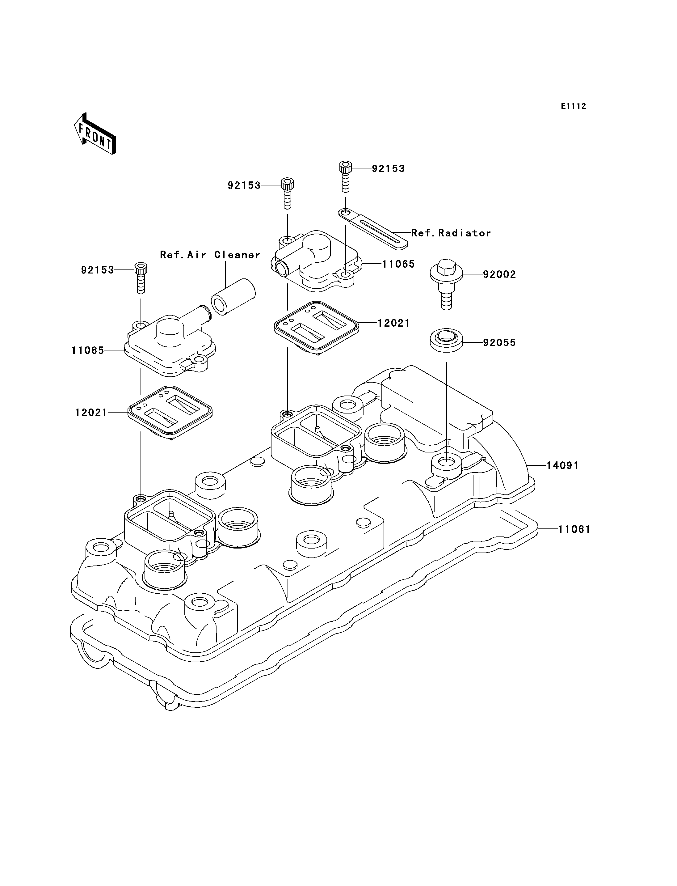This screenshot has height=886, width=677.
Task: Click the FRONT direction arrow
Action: click(x=95, y=134)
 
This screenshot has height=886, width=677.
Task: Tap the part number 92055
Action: click(x=499, y=342)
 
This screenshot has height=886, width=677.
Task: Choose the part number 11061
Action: click(x=574, y=529)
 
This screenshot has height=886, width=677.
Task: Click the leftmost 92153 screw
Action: click(x=140, y=278)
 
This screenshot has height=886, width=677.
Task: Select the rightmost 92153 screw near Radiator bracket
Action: click(x=345, y=177)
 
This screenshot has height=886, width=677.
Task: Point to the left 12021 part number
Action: click(x=91, y=413)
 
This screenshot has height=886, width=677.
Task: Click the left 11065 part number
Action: click(x=88, y=350)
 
